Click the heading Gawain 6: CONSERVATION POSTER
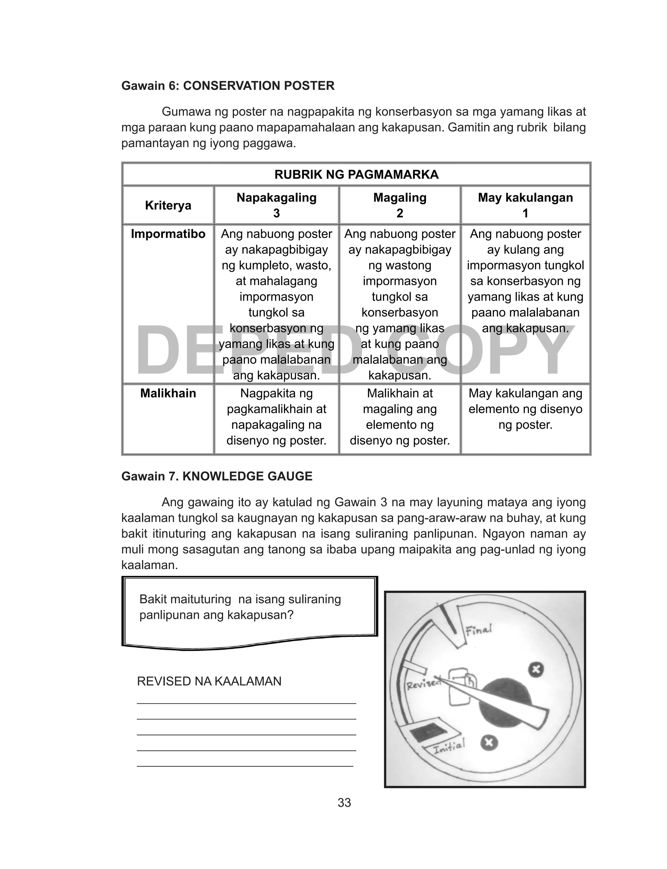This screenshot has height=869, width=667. [228, 86]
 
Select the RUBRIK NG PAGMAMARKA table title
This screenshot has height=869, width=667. [356, 175]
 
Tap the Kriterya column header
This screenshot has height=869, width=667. [168, 205]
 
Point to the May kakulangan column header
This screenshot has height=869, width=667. [525, 198]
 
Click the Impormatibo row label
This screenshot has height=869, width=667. [168, 234]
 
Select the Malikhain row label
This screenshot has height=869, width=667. [168, 393]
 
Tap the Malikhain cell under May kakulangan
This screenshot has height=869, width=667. [525, 409]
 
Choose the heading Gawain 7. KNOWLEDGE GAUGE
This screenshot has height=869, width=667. [217, 476]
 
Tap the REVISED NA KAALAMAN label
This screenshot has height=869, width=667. [209, 681]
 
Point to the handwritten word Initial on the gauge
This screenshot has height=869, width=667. [449, 748]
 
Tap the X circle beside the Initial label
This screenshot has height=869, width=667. [489, 742]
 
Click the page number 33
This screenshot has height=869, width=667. [344, 803]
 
